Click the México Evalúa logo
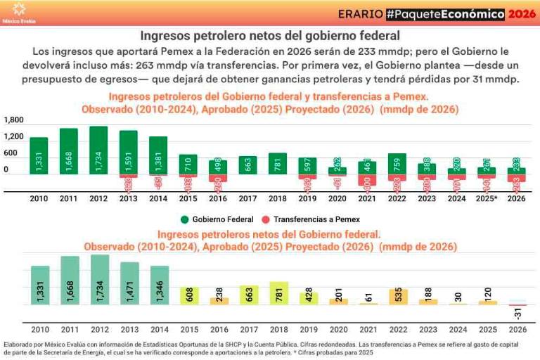pos(19,12)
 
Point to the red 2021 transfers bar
pos(368,181)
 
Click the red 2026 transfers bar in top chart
pos(517,182)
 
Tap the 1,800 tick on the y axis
pos(14,121)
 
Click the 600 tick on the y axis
pos(11,153)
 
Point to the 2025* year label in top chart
pos(487,198)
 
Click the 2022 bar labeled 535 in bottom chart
pos(398,297)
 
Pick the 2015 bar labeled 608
pos(189,296)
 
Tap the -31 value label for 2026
pos(517,312)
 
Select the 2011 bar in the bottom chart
pos(70,281)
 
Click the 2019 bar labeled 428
pos(309,298)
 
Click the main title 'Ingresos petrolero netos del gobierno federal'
pos(270,34)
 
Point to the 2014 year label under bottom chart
pos(159,329)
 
